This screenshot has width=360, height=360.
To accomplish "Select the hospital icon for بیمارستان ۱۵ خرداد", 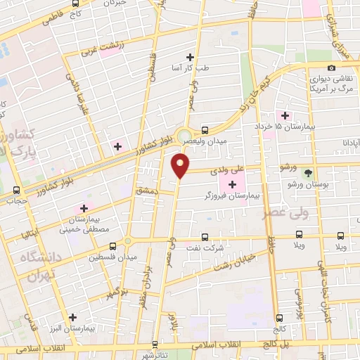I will click(x=285, y=115).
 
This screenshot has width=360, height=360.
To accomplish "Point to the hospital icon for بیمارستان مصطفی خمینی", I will click(x=84, y=208).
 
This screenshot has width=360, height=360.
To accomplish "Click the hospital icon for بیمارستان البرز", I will click(x=72, y=317).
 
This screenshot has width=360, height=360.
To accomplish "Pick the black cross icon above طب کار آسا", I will click(x=189, y=57).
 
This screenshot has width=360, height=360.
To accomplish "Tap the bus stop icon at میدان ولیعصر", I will click(x=205, y=130).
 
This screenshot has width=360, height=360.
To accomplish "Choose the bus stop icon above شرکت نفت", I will click(x=205, y=237).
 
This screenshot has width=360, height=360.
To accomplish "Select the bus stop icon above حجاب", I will click(x=16, y=190).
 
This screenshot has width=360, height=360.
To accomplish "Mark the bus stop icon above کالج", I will click(x=280, y=317).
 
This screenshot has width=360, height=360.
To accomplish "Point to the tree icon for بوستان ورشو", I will click(x=307, y=172).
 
